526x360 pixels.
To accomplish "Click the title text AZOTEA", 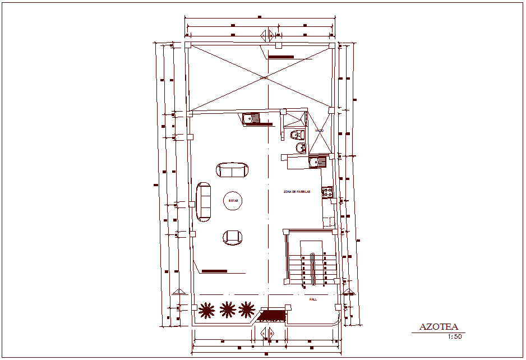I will point(439,327).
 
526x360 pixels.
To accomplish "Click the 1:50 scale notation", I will point(454,336).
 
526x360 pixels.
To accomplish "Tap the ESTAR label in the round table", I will point(233,201).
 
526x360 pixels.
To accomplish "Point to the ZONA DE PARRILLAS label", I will point(296,192).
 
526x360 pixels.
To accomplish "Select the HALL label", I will point(313,299).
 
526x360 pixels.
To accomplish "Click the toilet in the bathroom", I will point(297,134).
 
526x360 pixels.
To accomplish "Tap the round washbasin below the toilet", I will point(301,147).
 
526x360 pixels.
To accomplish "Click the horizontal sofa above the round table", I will point(232,169).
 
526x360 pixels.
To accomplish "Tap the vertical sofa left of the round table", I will point(203,200).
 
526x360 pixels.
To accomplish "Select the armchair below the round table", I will point(233,237).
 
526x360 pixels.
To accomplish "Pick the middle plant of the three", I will point(227,308).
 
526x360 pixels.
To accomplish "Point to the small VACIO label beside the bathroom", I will point(319,131).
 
